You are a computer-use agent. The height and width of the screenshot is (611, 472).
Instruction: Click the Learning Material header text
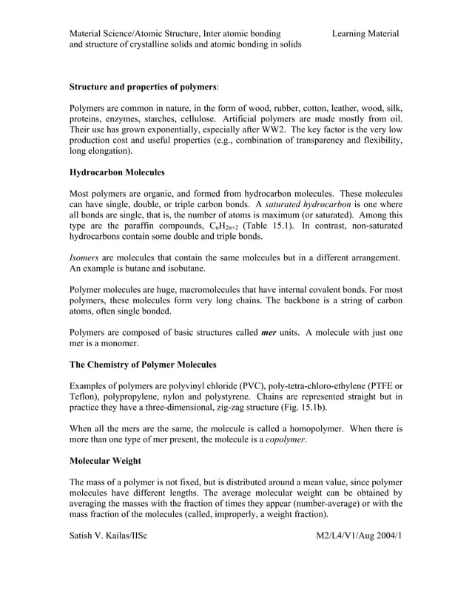[365, 33]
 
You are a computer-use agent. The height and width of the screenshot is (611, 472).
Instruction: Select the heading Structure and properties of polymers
[143, 87]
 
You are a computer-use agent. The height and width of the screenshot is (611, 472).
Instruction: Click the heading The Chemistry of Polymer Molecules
[143, 365]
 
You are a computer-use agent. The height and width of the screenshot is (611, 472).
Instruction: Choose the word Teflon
[85, 397]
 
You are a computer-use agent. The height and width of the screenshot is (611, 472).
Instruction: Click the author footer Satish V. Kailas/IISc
[108, 535]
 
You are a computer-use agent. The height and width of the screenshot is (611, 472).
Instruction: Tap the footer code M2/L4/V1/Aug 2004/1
[354, 535]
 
